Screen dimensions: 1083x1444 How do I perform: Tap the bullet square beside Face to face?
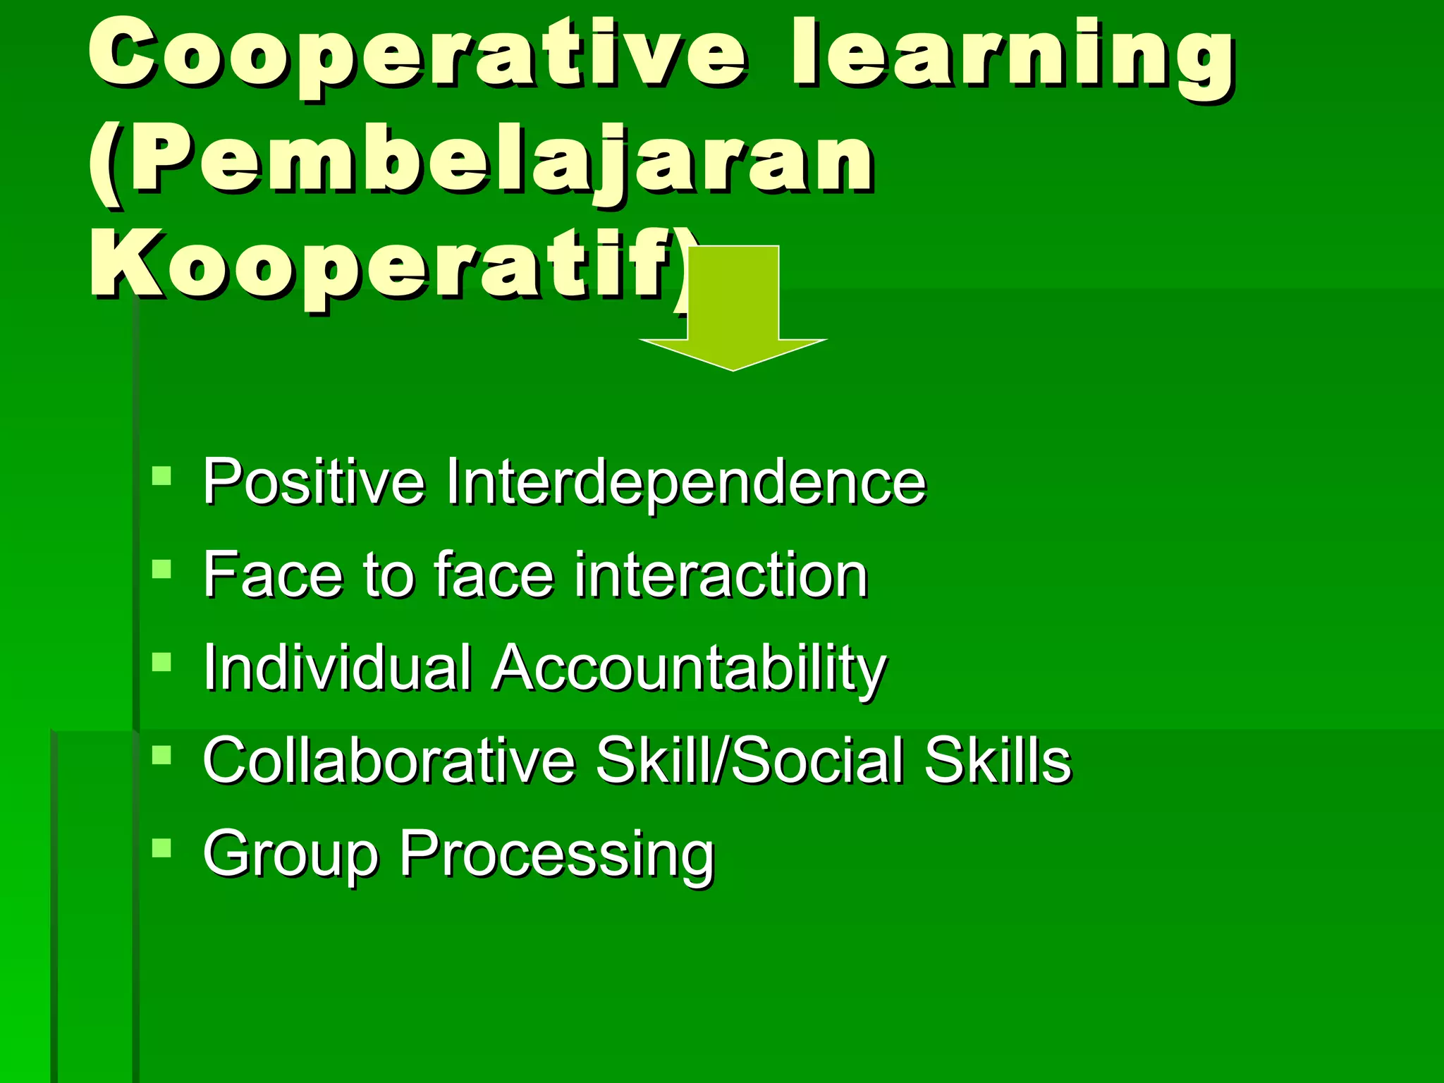(161, 568)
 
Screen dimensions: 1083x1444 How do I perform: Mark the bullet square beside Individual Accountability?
(161, 661)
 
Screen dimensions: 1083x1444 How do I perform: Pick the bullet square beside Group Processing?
(161, 848)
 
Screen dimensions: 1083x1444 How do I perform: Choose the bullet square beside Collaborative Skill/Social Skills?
(161, 754)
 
